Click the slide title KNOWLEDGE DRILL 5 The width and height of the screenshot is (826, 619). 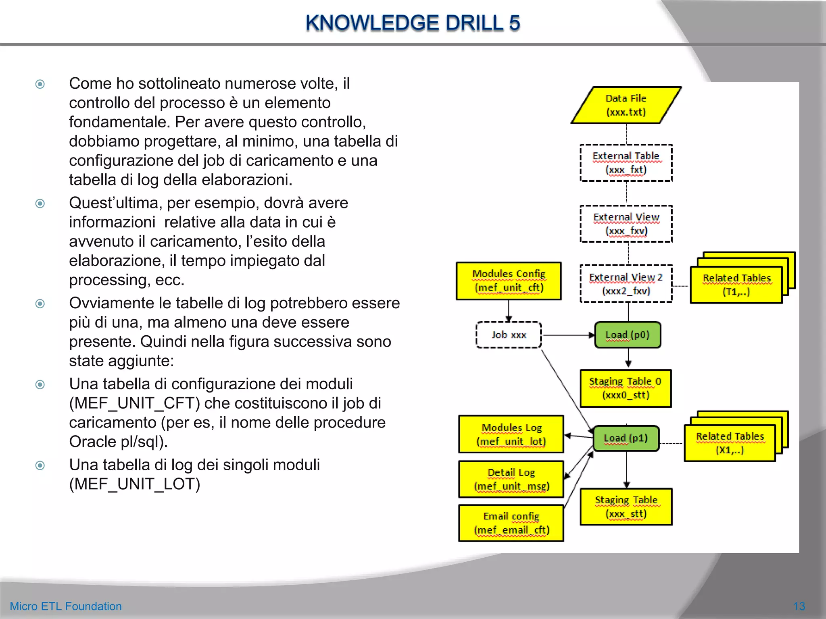413,23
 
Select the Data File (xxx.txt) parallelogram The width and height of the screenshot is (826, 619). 626,105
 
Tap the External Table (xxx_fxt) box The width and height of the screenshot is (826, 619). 626,163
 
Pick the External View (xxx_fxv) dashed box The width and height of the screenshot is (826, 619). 626,224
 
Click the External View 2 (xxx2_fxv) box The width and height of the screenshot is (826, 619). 626,284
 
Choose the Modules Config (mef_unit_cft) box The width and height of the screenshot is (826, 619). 509,281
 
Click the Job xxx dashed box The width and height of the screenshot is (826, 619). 509,335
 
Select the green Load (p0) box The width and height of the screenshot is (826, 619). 628,335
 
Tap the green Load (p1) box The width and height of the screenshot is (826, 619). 626,438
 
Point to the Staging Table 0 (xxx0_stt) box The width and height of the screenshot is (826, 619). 626,388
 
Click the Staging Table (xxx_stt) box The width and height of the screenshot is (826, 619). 626,507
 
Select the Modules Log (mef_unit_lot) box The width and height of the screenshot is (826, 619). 511,434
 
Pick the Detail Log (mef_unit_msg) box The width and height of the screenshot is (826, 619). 511,480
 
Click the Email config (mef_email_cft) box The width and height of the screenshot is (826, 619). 511,523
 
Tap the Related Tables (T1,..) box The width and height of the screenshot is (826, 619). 736,285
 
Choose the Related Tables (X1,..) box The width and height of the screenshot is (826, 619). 730,443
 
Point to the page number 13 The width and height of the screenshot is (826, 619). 799,606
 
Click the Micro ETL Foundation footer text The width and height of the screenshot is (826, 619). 66,606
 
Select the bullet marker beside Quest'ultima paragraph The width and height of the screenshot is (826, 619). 40,203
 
